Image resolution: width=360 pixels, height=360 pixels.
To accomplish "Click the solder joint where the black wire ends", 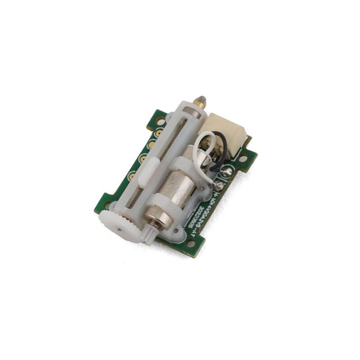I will click(226, 171).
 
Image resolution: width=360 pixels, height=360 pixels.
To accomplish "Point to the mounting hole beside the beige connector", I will click(243, 158).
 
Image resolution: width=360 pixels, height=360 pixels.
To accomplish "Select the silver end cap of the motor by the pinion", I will click(157, 218).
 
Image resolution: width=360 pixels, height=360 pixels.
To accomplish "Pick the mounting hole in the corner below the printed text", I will click(190, 243).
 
